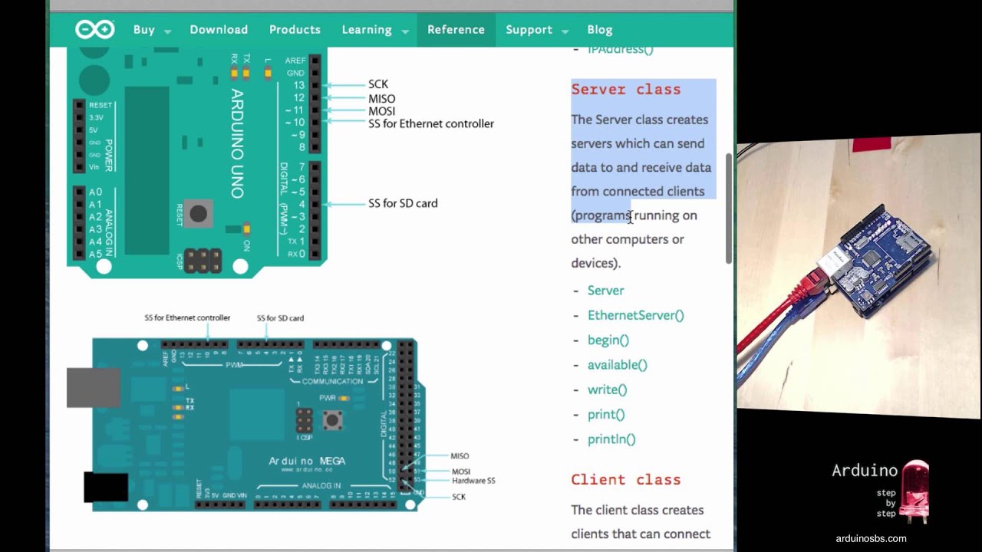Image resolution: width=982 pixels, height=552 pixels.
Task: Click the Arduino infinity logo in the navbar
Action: (x=94, y=30)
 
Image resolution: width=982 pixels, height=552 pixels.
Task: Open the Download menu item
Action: (x=219, y=30)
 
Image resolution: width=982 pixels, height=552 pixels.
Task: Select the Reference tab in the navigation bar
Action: (x=456, y=30)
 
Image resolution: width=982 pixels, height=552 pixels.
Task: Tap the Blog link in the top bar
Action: (x=600, y=30)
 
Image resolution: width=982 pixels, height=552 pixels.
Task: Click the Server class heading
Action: (x=625, y=90)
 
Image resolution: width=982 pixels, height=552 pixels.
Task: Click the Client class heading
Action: (x=625, y=480)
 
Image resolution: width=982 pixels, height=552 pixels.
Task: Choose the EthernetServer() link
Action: (x=635, y=315)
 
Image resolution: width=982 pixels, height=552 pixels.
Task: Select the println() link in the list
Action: (x=611, y=439)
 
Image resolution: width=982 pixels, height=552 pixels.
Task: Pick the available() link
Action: (x=617, y=365)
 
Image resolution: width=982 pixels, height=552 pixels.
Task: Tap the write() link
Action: (x=607, y=389)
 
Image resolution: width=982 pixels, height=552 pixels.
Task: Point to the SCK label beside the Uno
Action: (x=378, y=84)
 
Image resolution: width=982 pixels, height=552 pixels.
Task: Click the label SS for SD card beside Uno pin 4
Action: (x=403, y=203)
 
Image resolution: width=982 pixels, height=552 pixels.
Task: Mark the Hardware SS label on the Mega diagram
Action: (x=473, y=481)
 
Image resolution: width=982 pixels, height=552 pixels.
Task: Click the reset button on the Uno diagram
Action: (x=198, y=214)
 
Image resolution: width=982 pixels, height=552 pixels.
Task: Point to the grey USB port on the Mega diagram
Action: (x=94, y=387)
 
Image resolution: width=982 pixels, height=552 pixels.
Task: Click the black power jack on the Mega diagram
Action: (x=106, y=488)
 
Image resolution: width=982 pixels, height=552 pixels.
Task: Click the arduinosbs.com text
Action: (x=871, y=538)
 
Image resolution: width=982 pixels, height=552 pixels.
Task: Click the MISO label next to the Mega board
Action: (x=460, y=456)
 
